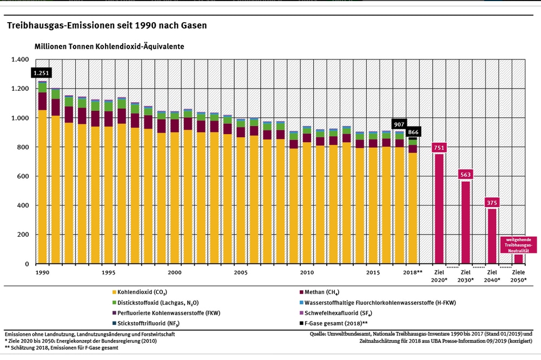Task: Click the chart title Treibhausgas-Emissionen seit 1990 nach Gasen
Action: [x=106, y=25]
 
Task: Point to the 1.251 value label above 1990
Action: [x=42, y=73]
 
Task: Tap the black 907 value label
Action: [x=399, y=124]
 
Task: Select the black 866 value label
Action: [x=414, y=132]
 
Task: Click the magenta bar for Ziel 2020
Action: [x=439, y=208]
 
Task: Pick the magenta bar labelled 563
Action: [x=465, y=222]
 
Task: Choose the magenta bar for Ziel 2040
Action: [x=492, y=236]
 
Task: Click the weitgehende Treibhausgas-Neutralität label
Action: [x=518, y=244]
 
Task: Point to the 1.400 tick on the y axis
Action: [x=21, y=59]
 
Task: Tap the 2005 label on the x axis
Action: [x=241, y=272]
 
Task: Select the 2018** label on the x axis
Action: [x=413, y=272]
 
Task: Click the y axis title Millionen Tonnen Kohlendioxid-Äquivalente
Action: [x=109, y=47]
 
